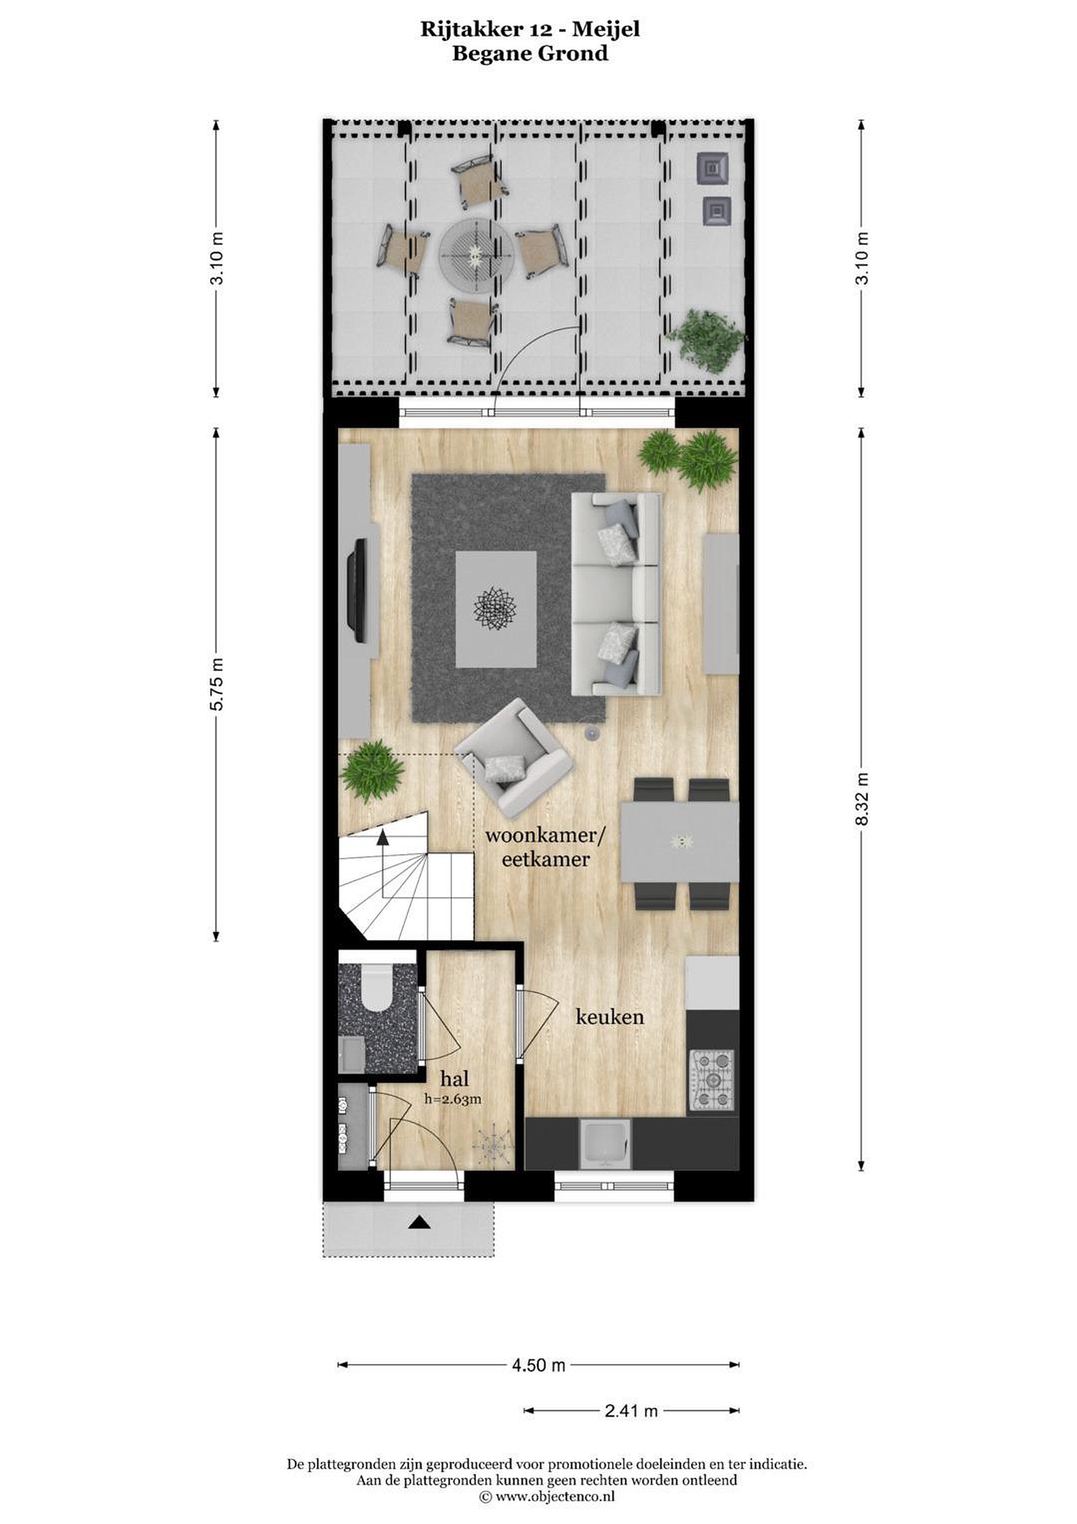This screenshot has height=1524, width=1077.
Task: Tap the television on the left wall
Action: point(358,590)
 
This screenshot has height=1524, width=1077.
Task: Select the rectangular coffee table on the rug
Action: point(496,609)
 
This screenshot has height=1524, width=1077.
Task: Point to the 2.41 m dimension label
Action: point(631,1411)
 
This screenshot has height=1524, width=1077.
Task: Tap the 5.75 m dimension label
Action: point(216,684)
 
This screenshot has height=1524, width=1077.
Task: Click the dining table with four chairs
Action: point(680,843)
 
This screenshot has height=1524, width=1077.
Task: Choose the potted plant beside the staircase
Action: point(372,772)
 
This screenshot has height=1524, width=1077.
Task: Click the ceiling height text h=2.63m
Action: point(453,1099)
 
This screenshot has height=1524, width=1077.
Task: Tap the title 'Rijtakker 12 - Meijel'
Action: point(530,29)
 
